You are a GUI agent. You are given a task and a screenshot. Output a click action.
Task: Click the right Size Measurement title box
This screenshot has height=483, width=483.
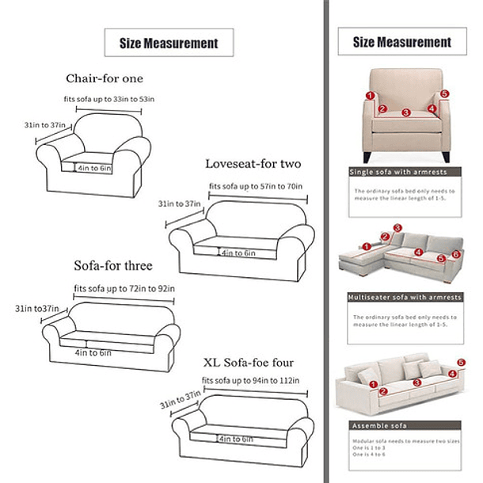(x=401, y=43)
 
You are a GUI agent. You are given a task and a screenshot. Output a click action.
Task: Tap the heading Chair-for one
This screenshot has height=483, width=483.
(x=105, y=78)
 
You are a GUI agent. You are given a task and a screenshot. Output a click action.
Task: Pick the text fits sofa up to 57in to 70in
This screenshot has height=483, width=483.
(x=257, y=187)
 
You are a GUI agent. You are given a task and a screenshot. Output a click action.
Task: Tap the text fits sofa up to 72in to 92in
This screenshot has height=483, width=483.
(x=124, y=288)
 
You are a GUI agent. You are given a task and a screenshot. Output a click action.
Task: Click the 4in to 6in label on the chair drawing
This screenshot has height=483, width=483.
(x=95, y=167)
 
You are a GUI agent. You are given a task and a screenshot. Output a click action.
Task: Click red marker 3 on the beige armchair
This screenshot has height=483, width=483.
(x=405, y=113)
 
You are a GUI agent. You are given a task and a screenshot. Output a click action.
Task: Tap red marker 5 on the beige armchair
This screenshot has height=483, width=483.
(x=444, y=93)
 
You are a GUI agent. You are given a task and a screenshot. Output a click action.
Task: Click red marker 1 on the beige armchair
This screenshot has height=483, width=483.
(x=370, y=96)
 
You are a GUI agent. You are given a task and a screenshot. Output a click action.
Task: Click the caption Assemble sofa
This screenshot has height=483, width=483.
(x=373, y=425)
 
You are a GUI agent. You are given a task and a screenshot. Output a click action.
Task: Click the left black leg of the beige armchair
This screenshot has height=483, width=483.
(x=367, y=157)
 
